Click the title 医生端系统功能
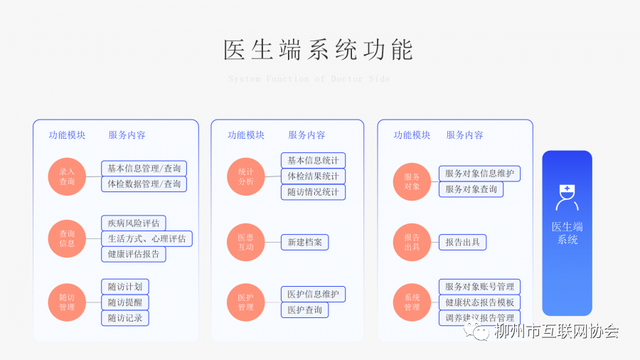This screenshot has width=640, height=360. [x=318, y=50]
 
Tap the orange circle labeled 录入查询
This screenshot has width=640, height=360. [x=67, y=176]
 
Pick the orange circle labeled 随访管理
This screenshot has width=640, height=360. [x=67, y=302]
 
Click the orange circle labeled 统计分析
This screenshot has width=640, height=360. [x=245, y=176]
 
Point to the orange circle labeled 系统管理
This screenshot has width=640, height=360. [x=412, y=302]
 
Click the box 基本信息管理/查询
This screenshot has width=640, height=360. [x=144, y=169]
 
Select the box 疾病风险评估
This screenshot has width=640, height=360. [x=134, y=223]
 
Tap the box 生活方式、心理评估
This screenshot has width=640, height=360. [x=146, y=238]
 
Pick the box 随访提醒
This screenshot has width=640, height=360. [x=125, y=302]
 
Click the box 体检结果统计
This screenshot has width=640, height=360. [x=313, y=176]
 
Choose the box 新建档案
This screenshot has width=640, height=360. [x=304, y=243]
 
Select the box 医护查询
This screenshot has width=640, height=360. [x=304, y=310]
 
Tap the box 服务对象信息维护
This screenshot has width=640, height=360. [x=479, y=173]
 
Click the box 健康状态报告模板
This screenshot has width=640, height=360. [x=479, y=302]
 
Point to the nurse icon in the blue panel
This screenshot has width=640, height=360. [x=567, y=198]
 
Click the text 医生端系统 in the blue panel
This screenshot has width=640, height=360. [x=567, y=233]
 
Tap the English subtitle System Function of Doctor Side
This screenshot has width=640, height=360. [x=309, y=79]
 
